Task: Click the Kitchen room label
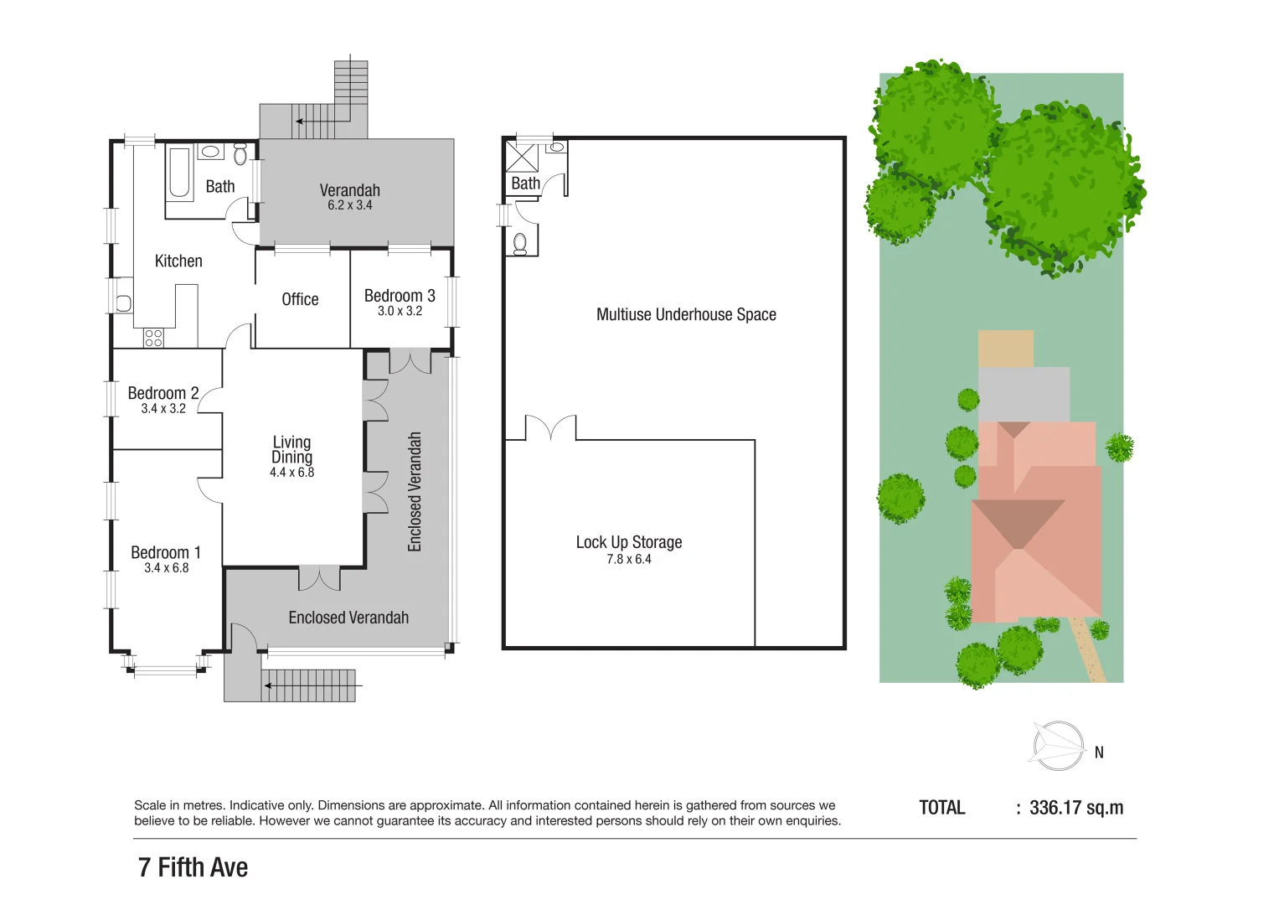click(178, 261)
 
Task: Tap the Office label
click(300, 299)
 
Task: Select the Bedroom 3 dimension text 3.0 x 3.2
click(400, 311)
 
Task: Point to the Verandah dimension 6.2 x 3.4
click(349, 205)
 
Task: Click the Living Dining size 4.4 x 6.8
click(291, 473)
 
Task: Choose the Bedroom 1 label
click(166, 552)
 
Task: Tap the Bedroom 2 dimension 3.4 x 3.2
click(163, 409)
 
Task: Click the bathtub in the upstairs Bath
click(179, 173)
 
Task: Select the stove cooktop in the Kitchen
click(153, 338)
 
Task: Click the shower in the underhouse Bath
click(522, 158)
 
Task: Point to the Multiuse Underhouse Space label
click(686, 314)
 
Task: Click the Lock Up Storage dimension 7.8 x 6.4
click(628, 560)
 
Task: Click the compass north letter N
click(1099, 752)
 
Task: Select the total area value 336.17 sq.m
click(1076, 808)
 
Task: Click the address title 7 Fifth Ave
click(193, 867)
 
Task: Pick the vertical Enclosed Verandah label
click(415, 492)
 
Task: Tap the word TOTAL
click(942, 808)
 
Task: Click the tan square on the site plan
click(1005, 349)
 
